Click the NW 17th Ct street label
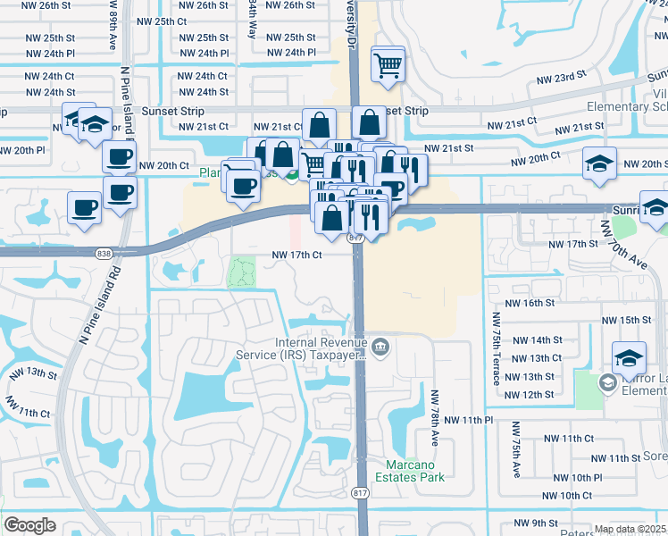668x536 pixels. tap(296, 255)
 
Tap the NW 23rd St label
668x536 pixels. tap(561, 79)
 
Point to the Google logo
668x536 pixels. tap(29, 525)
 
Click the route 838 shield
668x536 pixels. tap(104, 254)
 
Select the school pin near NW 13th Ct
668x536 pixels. tap(629, 356)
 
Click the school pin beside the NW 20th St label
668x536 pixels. tap(599, 163)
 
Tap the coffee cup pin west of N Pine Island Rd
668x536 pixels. tap(85, 208)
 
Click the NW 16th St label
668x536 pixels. tap(530, 303)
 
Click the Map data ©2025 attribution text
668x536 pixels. tap(630, 529)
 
